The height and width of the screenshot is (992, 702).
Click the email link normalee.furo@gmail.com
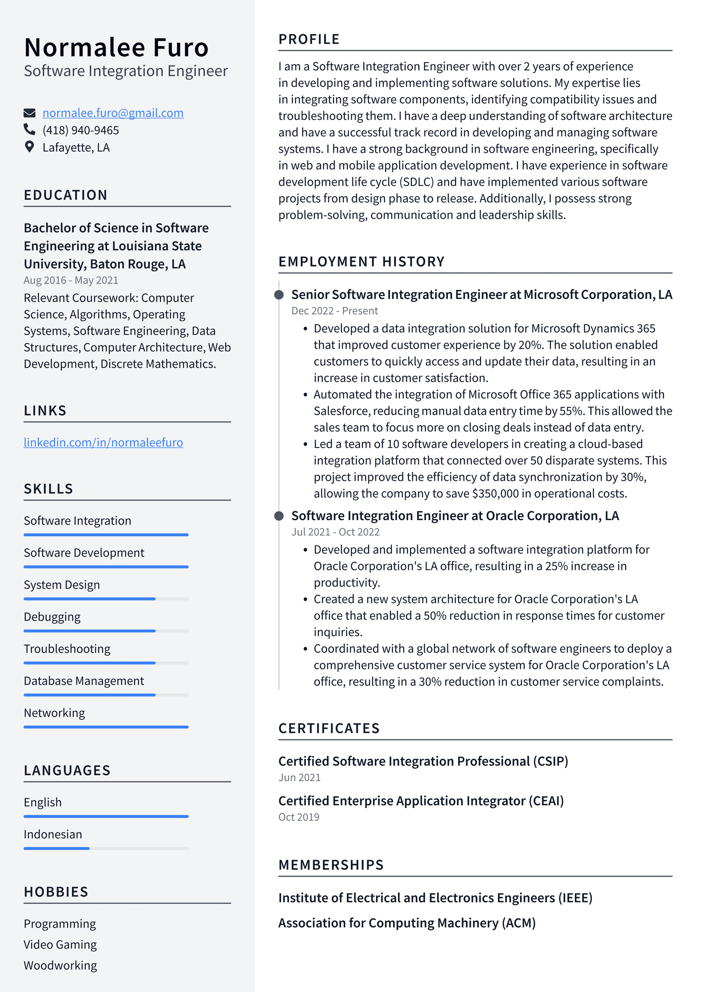tap(113, 113)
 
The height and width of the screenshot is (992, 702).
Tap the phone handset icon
tap(29, 130)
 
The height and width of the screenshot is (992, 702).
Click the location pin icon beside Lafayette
tap(29, 147)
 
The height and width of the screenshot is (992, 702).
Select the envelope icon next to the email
tap(29, 113)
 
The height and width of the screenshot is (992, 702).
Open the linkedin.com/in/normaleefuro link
tap(103, 442)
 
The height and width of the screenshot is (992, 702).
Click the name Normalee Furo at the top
tap(116, 48)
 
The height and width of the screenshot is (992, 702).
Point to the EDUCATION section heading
tap(65, 195)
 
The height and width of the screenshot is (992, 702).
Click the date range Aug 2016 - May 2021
tap(71, 280)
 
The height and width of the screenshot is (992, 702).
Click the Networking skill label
tap(54, 713)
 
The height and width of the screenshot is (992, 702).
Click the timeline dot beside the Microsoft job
tap(279, 295)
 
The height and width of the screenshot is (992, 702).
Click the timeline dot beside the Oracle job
tap(279, 516)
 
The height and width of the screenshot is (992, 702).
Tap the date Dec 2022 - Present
tap(334, 311)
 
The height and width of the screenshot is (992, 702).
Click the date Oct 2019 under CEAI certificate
tap(299, 817)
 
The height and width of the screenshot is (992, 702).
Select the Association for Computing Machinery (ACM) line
tap(407, 923)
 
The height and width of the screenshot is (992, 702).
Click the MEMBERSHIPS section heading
tap(331, 865)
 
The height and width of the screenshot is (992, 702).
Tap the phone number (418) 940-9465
tap(80, 130)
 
